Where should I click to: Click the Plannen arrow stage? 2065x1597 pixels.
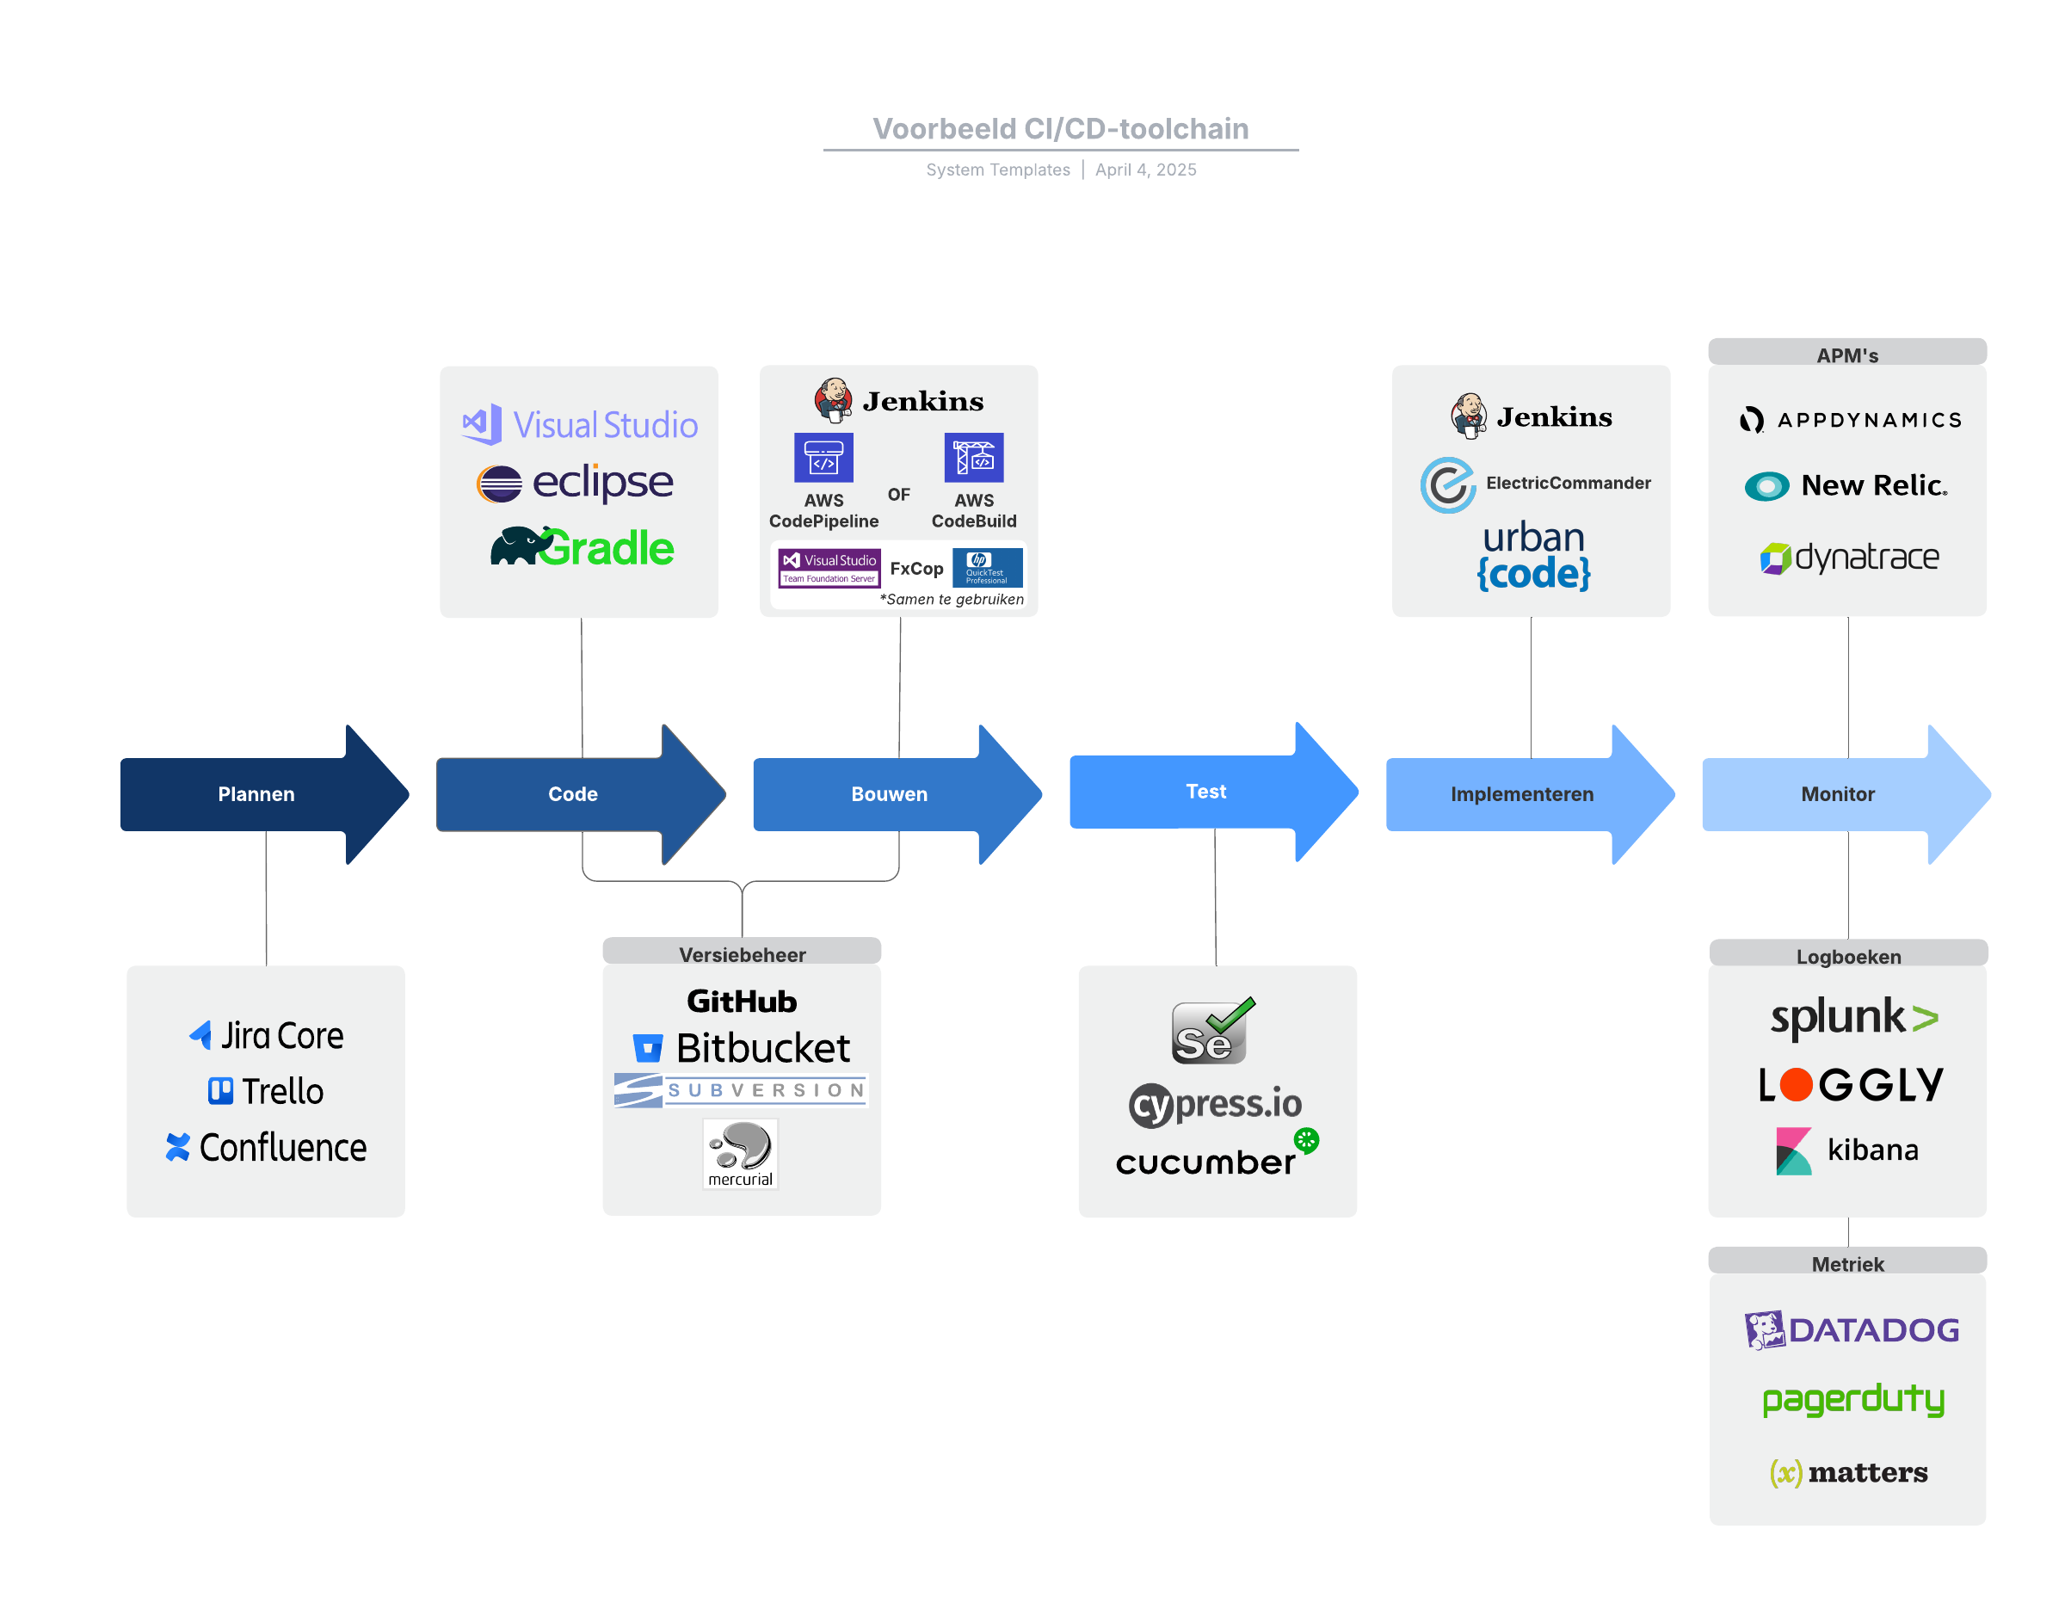pos(256,794)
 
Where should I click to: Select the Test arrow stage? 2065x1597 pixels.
pos(1205,792)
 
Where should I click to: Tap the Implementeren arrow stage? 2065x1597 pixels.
pos(1521,794)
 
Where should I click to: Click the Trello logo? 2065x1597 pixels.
pos(266,1091)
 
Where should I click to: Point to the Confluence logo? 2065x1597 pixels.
pos(266,1147)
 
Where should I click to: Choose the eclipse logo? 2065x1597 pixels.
pos(575,484)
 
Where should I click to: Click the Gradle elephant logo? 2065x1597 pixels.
pos(582,547)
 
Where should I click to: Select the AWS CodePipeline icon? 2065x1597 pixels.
pos(823,458)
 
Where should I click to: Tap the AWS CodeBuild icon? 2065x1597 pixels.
pos(974,458)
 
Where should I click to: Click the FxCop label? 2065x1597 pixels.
pos(916,568)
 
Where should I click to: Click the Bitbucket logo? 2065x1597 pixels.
pos(742,1048)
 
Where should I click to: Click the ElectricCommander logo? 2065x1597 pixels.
pos(1536,484)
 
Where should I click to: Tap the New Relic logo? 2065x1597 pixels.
pos(1846,486)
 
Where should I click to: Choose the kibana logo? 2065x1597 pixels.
pos(1846,1150)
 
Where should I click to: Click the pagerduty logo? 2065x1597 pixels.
pos(1853,1398)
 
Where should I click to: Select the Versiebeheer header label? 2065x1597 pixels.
pos(743,954)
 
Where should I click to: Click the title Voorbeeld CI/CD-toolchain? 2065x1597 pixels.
pos(1060,128)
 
